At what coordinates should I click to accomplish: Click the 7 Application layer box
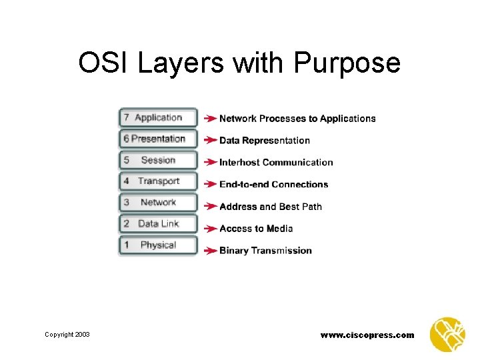coord(158,118)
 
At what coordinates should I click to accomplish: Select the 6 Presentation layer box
coord(158,139)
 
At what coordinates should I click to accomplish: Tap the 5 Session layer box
coord(158,161)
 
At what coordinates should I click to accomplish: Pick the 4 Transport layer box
coord(158,181)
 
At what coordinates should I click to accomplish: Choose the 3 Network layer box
coord(158,203)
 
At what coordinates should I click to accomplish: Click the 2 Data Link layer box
coord(158,224)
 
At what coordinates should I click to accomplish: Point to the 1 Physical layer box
coord(158,245)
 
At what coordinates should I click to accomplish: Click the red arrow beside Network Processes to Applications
coord(210,119)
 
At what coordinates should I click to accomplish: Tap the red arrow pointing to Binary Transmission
coord(210,251)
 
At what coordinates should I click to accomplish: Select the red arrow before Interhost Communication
coord(210,162)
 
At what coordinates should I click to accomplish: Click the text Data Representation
coord(265,141)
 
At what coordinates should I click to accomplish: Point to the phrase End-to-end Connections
coord(273,184)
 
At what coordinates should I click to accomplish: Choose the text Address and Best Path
coord(270,207)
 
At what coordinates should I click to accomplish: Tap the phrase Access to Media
coord(256,229)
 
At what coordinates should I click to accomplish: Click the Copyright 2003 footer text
coord(67,334)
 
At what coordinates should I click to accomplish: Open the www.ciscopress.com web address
coord(367,335)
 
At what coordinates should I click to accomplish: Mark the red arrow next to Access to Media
coord(210,229)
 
